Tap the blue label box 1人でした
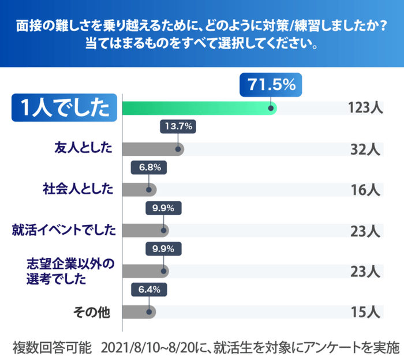pyautogui.click(x=64, y=108)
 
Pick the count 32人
pyautogui.click(x=364, y=149)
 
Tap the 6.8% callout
pyautogui.click(x=149, y=168)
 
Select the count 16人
pyautogui.click(x=364, y=189)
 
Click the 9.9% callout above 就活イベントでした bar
pyautogui.click(x=163, y=208)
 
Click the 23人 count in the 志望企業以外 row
pyautogui.click(x=364, y=271)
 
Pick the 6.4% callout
pyautogui.click(x=149, y=290)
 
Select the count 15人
pyautogui.click(x=364, y=312)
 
